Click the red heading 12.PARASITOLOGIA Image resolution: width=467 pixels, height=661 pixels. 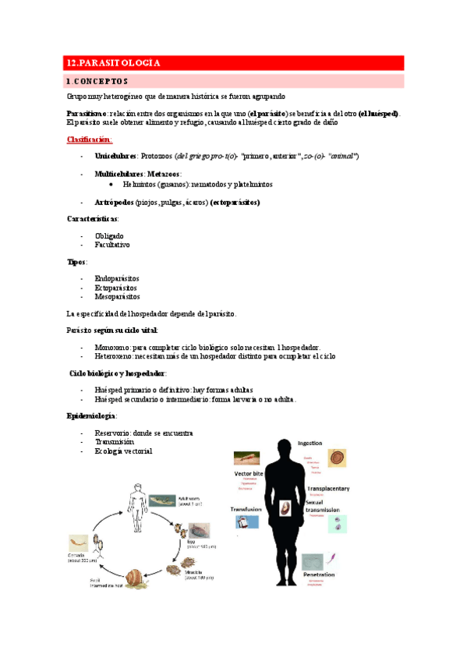coord(114,63)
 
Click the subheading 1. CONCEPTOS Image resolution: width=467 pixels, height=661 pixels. coord(98,81)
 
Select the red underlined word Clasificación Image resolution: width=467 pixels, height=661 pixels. coord(90,140)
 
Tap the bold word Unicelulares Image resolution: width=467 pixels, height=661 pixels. coord(115,156)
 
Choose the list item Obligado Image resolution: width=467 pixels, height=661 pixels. coord(108,236)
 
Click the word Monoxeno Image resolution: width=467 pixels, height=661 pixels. coord(112,346)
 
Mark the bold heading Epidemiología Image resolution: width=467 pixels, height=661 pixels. coord(92,416)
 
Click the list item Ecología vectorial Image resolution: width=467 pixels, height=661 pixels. coord(123,451)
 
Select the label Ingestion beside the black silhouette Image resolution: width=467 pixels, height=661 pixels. coord(311,443)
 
